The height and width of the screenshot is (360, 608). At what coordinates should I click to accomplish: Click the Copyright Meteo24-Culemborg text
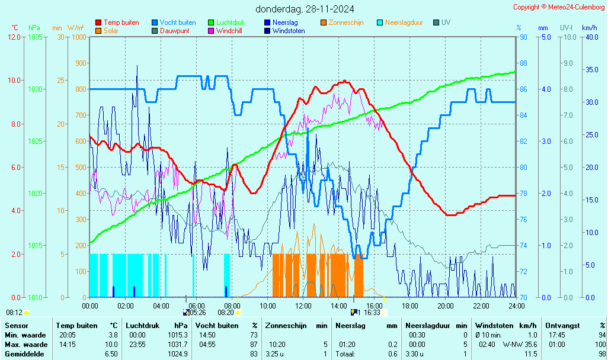tap(559, 7)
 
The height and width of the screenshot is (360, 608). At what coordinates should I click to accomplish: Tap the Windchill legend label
tap(229, 31)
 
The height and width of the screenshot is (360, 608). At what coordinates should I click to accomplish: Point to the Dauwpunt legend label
tap(174, 31)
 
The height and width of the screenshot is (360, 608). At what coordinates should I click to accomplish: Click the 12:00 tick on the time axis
tap(303, 306)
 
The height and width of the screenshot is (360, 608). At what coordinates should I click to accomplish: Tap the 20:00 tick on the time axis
tap(446, 306)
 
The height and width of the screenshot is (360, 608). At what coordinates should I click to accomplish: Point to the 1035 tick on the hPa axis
tap(35, 37)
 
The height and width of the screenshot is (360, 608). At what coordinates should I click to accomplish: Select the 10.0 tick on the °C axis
tap(14, 81)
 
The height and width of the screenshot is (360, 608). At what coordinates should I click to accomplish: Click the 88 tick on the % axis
tap(523, 63)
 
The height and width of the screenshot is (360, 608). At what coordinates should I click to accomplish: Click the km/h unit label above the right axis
tap(589, 28)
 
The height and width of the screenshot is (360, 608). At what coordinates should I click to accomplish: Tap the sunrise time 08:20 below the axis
tap(226, 313)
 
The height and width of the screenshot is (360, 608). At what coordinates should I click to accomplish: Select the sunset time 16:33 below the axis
tap(372, 313)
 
